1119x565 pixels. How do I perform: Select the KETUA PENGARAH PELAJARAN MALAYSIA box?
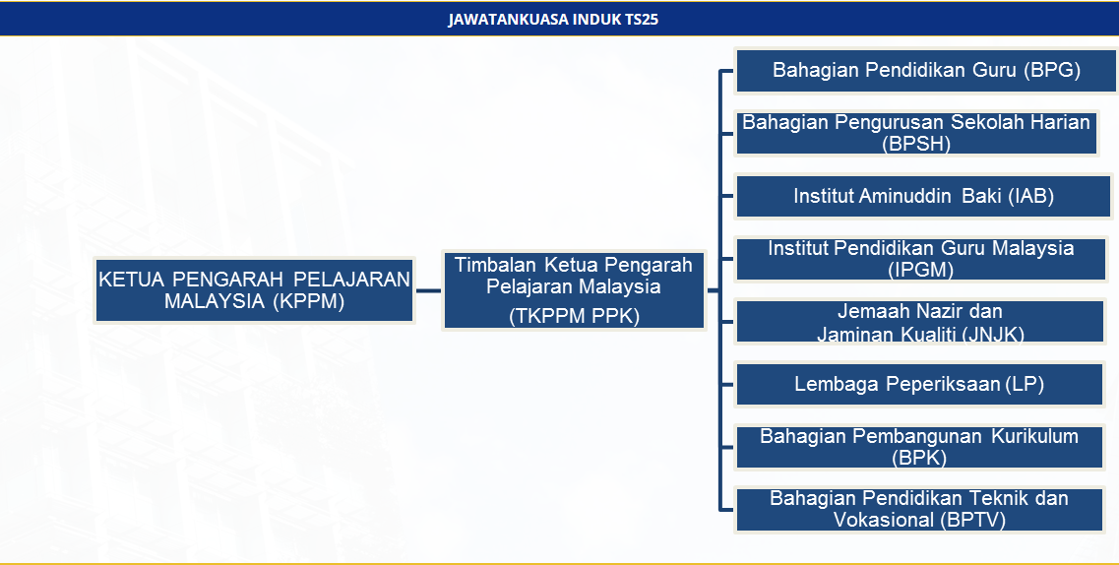254,290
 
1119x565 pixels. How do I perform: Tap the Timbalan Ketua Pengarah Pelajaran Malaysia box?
574,290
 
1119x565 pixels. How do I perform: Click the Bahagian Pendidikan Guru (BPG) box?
926,71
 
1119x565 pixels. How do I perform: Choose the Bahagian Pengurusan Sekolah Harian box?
916,133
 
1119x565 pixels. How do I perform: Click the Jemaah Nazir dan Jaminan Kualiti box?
920,322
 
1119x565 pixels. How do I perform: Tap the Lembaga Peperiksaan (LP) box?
919,384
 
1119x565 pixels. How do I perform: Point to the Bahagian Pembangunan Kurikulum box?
919,447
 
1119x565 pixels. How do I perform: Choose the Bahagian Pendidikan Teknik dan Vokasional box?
919,509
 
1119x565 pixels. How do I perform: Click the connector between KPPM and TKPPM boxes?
428,291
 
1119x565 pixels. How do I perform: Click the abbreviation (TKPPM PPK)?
574,316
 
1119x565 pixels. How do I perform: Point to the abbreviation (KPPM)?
309,302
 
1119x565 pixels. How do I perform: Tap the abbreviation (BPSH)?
916,144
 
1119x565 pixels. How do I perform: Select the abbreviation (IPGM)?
920,270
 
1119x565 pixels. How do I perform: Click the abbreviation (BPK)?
919,458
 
